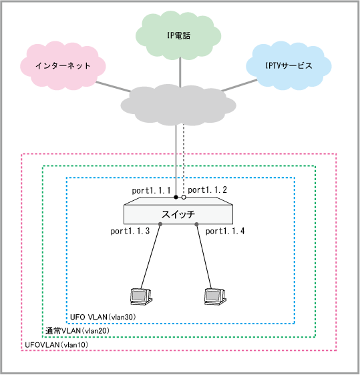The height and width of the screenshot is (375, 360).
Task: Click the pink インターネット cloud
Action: pos(63,66)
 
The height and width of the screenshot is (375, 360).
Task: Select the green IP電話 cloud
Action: pos(178,35)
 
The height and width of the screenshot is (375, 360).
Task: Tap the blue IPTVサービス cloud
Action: pos(289,66)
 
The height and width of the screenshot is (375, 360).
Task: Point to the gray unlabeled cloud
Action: pos(178,105)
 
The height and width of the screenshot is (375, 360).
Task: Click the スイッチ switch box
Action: pos(178,211)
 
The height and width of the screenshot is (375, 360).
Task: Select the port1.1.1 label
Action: pos(151,191)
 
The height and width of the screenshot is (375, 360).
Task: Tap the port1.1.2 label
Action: pos(207,190)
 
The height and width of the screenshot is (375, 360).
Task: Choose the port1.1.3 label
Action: pos(130,231)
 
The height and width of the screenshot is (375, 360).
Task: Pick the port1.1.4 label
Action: pos(225,231)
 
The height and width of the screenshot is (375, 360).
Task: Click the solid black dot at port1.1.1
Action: pos(176,198)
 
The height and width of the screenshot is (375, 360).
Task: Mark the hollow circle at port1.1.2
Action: pos(184,198)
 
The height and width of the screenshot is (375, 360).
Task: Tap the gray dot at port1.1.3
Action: pos(160,224)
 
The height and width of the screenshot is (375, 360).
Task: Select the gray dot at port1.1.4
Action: pos(196,224)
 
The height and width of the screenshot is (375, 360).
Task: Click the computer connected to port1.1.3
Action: pos(141,296)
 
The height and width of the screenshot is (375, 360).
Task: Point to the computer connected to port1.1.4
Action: pos(215,296)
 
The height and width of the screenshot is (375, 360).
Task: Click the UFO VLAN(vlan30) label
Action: pos(103,317)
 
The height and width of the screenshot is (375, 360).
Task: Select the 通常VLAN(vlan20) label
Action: pos(77,331)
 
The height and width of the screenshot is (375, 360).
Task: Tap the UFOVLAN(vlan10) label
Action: pos(57,344)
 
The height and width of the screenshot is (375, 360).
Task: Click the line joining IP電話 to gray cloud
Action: pos(180,72)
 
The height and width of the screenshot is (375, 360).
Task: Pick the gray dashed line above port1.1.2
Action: pos(184,159)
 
